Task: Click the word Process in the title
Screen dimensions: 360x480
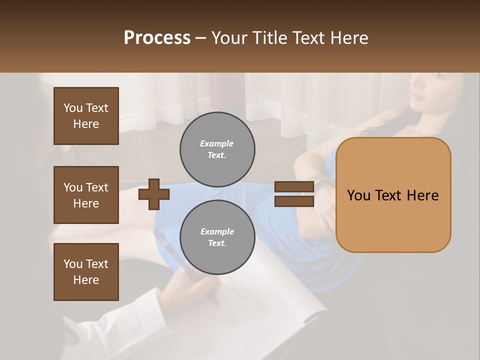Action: click(x=157, y=38)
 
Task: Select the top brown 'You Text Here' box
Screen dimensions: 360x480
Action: click(x=86, y=116)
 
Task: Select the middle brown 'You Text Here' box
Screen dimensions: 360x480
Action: click(x=86, y=195)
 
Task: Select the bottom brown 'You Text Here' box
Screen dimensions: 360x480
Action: click(x=86, y=272)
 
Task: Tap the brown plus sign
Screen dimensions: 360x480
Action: click(x=154, y=194)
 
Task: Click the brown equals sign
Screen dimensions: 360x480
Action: click(x=294, y=194)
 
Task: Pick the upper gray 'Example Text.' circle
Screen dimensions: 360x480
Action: click(x=217, y=149)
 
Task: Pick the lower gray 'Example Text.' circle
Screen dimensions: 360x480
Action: click(x=217, y=237)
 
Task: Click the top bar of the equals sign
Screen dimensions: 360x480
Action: click(x=294, y=187)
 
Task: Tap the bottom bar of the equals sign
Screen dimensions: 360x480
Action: click(x=294, y=201)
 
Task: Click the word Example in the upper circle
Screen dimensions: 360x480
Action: click(x=216, y=143)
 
